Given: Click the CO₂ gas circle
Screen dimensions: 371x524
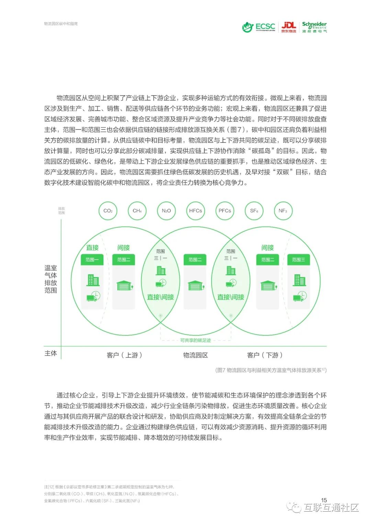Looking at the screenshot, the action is click(108, 210).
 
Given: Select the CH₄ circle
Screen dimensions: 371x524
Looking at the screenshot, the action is click(137, 210).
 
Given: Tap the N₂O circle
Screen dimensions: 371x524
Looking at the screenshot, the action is click(166, 210).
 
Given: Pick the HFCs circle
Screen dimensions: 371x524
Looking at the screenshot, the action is click(195, 210).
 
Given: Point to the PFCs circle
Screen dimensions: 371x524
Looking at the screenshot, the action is click(225, 210).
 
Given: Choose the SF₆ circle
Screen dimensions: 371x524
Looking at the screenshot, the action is click(254, 210).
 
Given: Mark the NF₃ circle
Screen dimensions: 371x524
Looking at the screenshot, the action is click(283, 210).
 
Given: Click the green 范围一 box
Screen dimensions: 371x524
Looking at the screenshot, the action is click(92, 260).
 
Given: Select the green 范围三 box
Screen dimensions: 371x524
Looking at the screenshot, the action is click(298, 260).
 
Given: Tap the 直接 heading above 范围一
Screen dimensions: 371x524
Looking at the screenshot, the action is click(92, 248).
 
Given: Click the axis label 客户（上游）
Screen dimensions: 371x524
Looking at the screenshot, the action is click(124, 355).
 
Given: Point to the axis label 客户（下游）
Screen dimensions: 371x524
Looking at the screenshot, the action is click(265, 355).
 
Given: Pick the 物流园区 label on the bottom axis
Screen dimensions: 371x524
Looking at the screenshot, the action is click(195, 355).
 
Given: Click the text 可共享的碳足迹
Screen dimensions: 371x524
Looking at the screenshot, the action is click(195, 340).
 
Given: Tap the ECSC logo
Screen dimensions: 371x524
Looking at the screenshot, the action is click(259, 27).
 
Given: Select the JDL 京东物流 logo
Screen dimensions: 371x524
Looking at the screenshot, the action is click(289, 27).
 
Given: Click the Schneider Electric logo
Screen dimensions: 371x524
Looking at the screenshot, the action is click(314, 27).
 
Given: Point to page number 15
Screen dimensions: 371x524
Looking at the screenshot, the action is click(324, 500).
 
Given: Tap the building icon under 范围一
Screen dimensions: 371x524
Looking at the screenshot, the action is click(93, 280).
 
